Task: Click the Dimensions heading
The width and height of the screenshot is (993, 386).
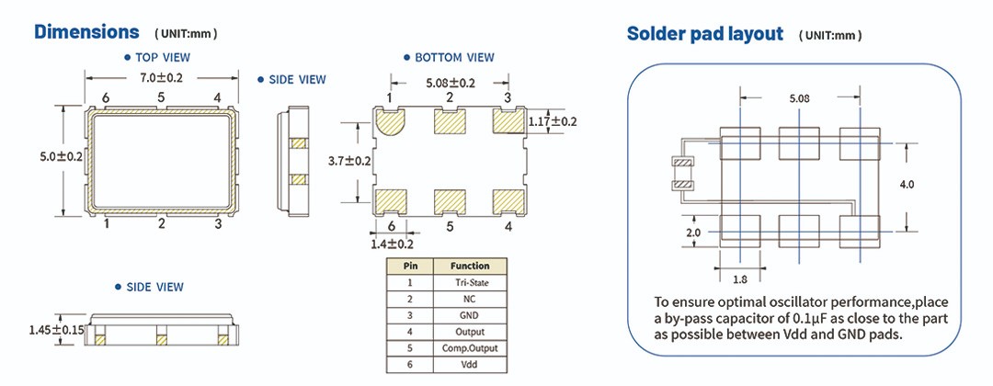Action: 86,32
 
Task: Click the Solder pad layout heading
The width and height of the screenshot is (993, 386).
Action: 704,35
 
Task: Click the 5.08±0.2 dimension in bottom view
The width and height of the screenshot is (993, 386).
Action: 450,83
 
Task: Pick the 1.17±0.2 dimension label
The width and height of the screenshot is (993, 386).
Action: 553,121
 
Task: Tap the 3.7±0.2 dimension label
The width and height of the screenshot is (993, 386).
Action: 349,161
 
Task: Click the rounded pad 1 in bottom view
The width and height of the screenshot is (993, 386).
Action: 390,123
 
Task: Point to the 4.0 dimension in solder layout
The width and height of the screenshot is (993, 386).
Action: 907,185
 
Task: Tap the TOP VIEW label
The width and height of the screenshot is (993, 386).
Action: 163,57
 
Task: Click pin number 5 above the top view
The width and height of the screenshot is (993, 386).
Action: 161,97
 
